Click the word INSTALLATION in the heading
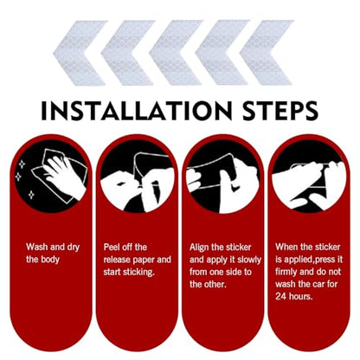pyautogui.click(x=137, y=111)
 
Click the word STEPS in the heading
pyautogui.click(x=280, y=111)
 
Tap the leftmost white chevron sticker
pyautogui.click(x=80, y=53)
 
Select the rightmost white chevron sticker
pyautogui.click(x=267, y=53)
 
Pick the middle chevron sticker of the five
pyautogui.click(x=177, y=53)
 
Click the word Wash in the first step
pyautogui.click(x=36, y=247)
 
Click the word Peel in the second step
pyautogui.click(x=111, y=247)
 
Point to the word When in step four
pyautogui.click(x=286, y=247)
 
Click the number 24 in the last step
pyautogui.click(x=280, y=297)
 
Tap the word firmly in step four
pyautogui.click(x=286, y=273)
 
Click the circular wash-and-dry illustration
pyautogui.click(x=51, y=176)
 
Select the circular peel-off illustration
pyautogui.click(x=137, y=176)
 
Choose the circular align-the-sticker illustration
pyautogui.click(x=223, y=176)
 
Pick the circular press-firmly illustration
pyautogui.click(x=309, y=176)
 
